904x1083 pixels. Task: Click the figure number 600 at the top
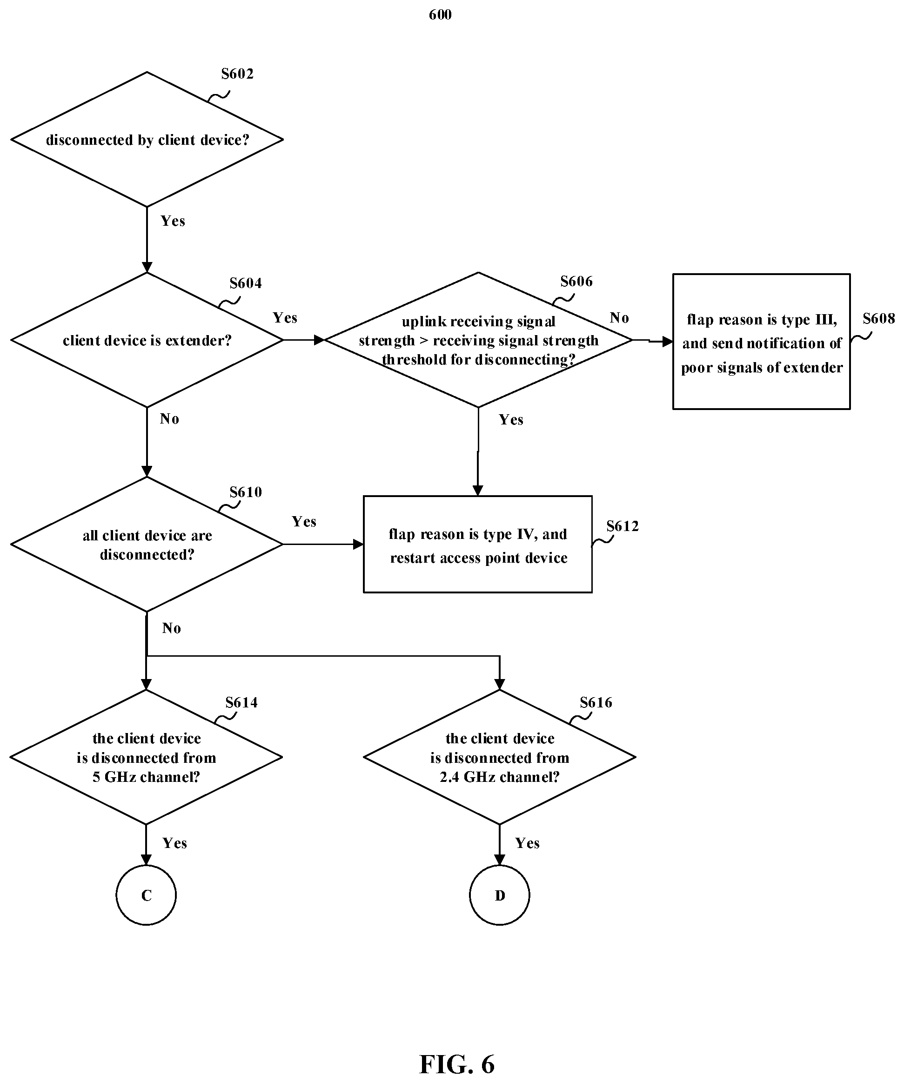440,14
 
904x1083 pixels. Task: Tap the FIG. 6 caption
457,1063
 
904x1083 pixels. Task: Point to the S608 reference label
879,319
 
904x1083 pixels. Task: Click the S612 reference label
623,526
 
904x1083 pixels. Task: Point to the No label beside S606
619,318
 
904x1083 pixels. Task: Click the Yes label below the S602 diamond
173,221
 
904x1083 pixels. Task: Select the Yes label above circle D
527,843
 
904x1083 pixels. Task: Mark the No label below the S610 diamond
171,628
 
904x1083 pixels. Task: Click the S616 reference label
596,702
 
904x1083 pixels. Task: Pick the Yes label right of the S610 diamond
304,521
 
